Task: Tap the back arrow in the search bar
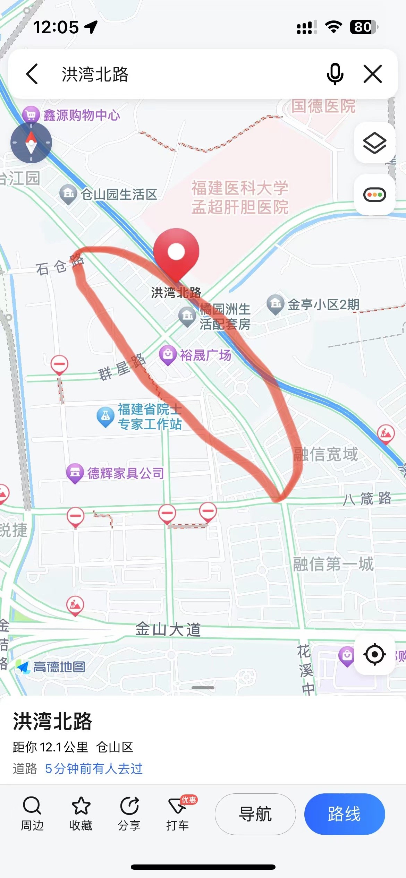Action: (x=32, y=74)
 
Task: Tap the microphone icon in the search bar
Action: (x=335, y=74)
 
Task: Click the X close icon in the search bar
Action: (x=373, y=74)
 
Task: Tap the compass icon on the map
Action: (x=31, y=143)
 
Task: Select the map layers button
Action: (x=374, y=143)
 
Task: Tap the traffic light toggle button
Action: (x=374, y=195)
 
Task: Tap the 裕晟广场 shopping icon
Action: (x=168, y=355)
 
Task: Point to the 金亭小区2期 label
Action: (x=323, y=305)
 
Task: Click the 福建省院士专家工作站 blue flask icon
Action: (x=105, y=416)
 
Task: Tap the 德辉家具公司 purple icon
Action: (x=75, y=473)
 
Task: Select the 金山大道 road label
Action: (x=168, y=629)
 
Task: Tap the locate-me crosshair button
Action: (x=374, y=654)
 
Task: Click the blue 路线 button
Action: (x=344, y=814)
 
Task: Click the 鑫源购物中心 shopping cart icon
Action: (x=31, y=114)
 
